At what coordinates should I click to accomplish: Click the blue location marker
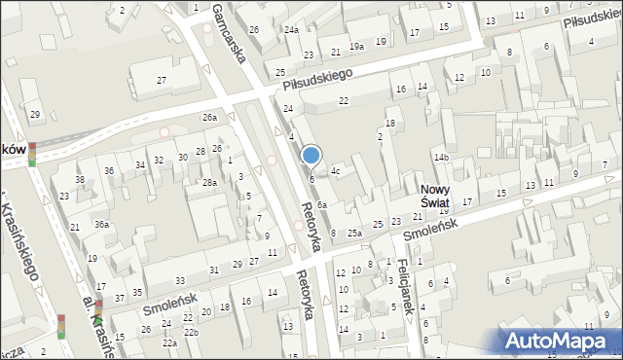click(x=311, y=156)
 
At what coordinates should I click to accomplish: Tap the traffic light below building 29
click(x=32, y=154)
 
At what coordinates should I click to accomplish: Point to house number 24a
click(x=291, y=30)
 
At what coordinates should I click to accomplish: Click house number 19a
click(x=357, y=46)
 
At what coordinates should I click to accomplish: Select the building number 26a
click(x=209, y=118)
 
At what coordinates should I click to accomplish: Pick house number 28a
click(x=209, y=183)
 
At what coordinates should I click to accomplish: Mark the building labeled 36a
click(x=101, y=224)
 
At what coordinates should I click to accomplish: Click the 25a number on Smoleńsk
click(x=355, y=234)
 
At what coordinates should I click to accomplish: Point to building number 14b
click(x=442, y=157)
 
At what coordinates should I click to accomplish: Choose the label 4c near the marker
click(x=335, y=171)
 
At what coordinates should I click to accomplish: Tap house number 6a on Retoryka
click(x=321, y=204)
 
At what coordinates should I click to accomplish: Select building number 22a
click(x=169, y=342)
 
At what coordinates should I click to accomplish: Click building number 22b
click(x=192, y=333)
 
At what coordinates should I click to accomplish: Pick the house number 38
click(x=80, y=180)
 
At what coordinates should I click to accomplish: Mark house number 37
click(x=119, y=298)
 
